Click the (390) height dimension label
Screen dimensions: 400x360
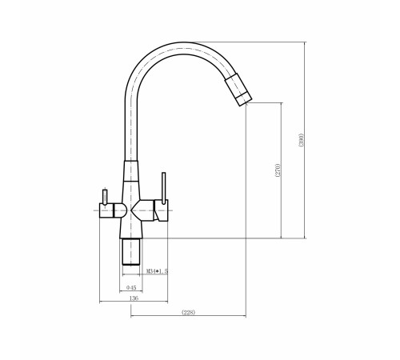coord(301,140)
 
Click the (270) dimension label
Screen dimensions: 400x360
coord(278,170)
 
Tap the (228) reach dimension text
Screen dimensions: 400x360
coord(188,312)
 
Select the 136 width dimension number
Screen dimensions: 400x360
coord(134,298)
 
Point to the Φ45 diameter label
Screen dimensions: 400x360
coord(131,287)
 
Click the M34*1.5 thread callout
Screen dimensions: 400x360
coord(158,271)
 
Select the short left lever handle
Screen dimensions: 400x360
coord(105,197)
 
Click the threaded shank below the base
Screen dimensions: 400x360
coord(131,252)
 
